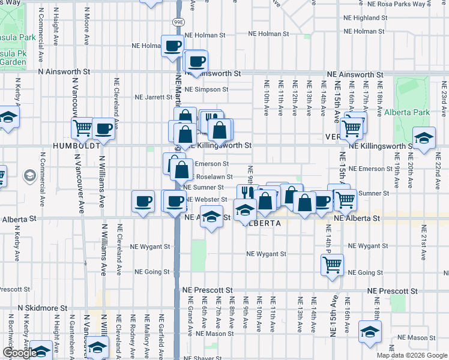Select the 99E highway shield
point(178,22)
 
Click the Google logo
point(19,353)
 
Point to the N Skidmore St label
point(43,308)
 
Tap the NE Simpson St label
point(206,89)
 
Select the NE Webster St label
point(206,199)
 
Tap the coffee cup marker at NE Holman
point(172,46)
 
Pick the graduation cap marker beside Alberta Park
point(424,139)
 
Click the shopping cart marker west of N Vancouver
point(83,127)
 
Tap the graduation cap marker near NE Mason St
point(370,331)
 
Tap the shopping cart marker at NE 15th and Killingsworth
point(351,127)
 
